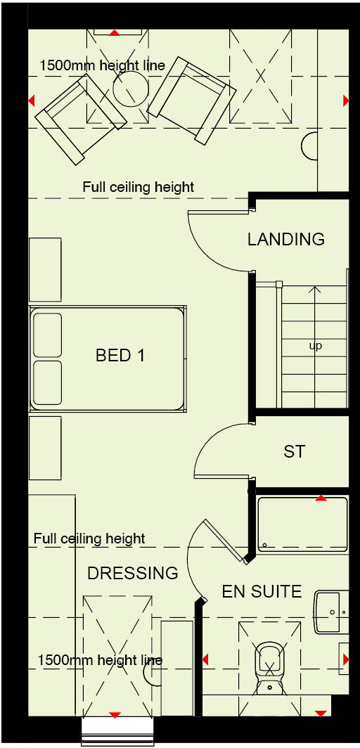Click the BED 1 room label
[x=120, y=356]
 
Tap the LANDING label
[x=285, y=240]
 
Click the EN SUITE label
[x=262, y=591]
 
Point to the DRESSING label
[x=132, y=574]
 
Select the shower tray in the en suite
[x=302, y=525]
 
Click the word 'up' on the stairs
[x=316, y=346]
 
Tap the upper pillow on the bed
[x=48, y=335]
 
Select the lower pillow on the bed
[x=48, y=382]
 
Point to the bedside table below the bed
[x=45, y=448]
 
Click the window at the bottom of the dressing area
[x=117, y=731]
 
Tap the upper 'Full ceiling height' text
[x=138, y=188]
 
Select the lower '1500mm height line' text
[x=99, y=660]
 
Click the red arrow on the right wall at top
[x=346, y=101]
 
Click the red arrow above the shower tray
[x=321, y=498]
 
